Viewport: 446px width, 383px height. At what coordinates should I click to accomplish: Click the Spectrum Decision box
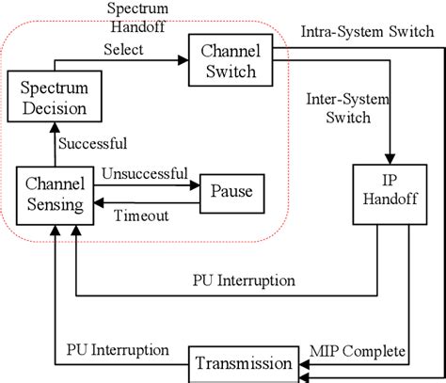(x=54, y=97)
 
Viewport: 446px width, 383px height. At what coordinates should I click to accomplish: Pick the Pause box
(x=231, y=192)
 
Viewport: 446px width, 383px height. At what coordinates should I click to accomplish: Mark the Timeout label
(x=141, y=215)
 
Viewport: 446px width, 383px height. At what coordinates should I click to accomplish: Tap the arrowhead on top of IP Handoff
(x=385, y=159)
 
